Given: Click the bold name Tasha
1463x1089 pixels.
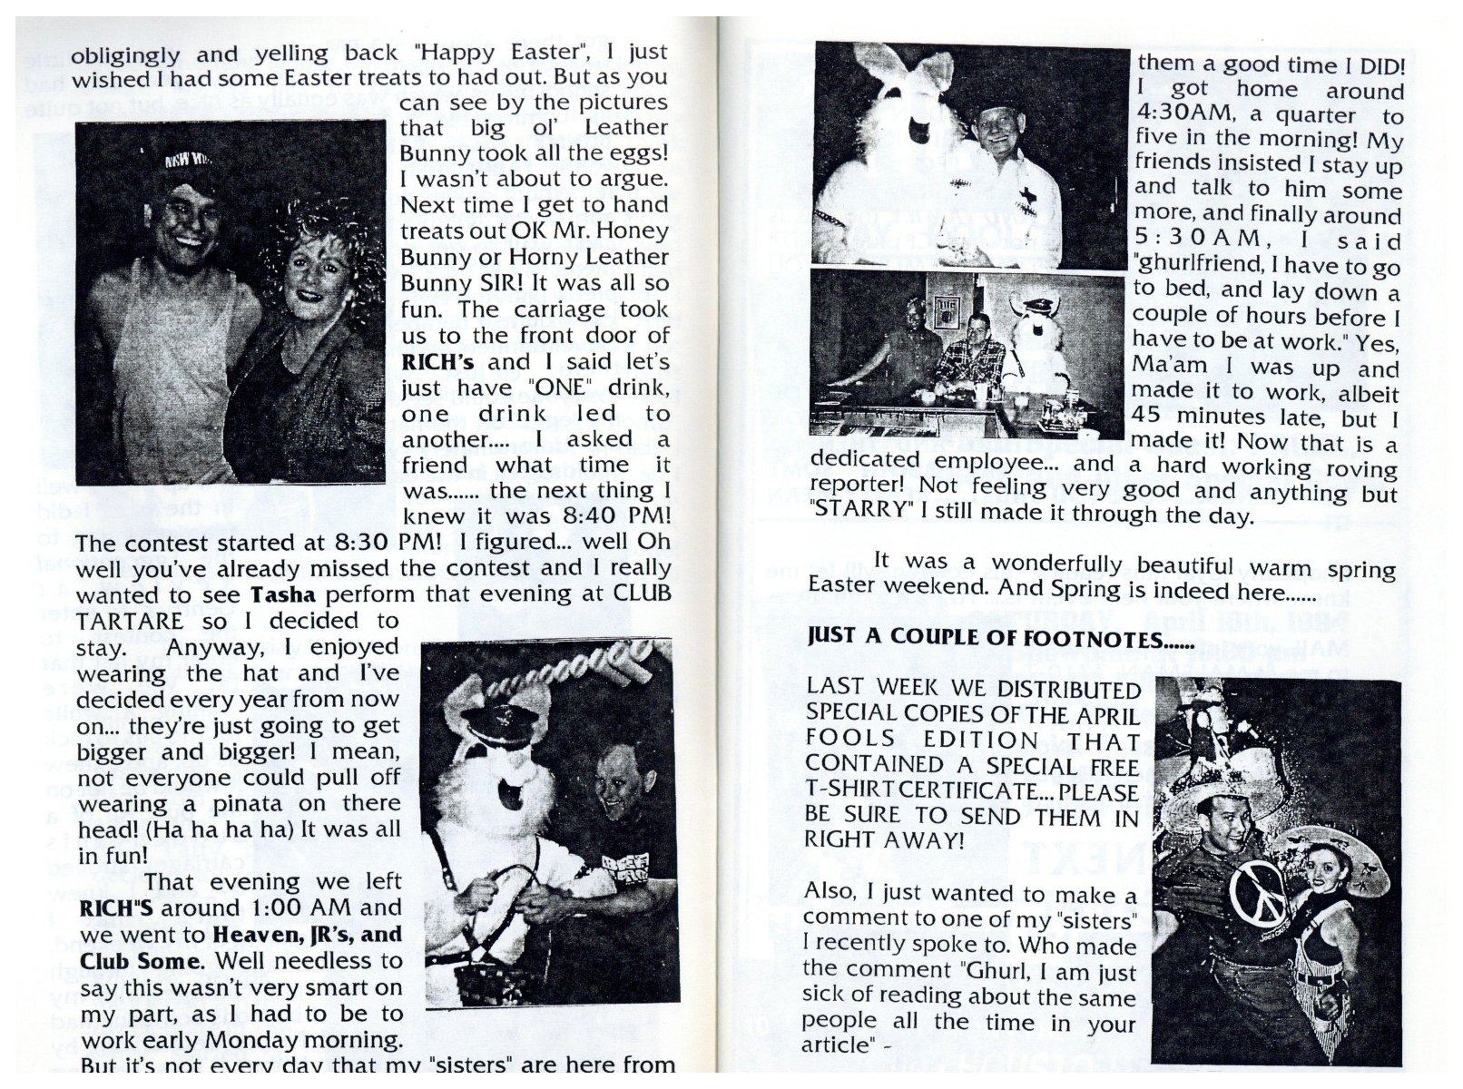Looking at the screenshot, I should click(283, 594).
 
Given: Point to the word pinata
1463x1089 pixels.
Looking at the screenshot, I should click(222, 803).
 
